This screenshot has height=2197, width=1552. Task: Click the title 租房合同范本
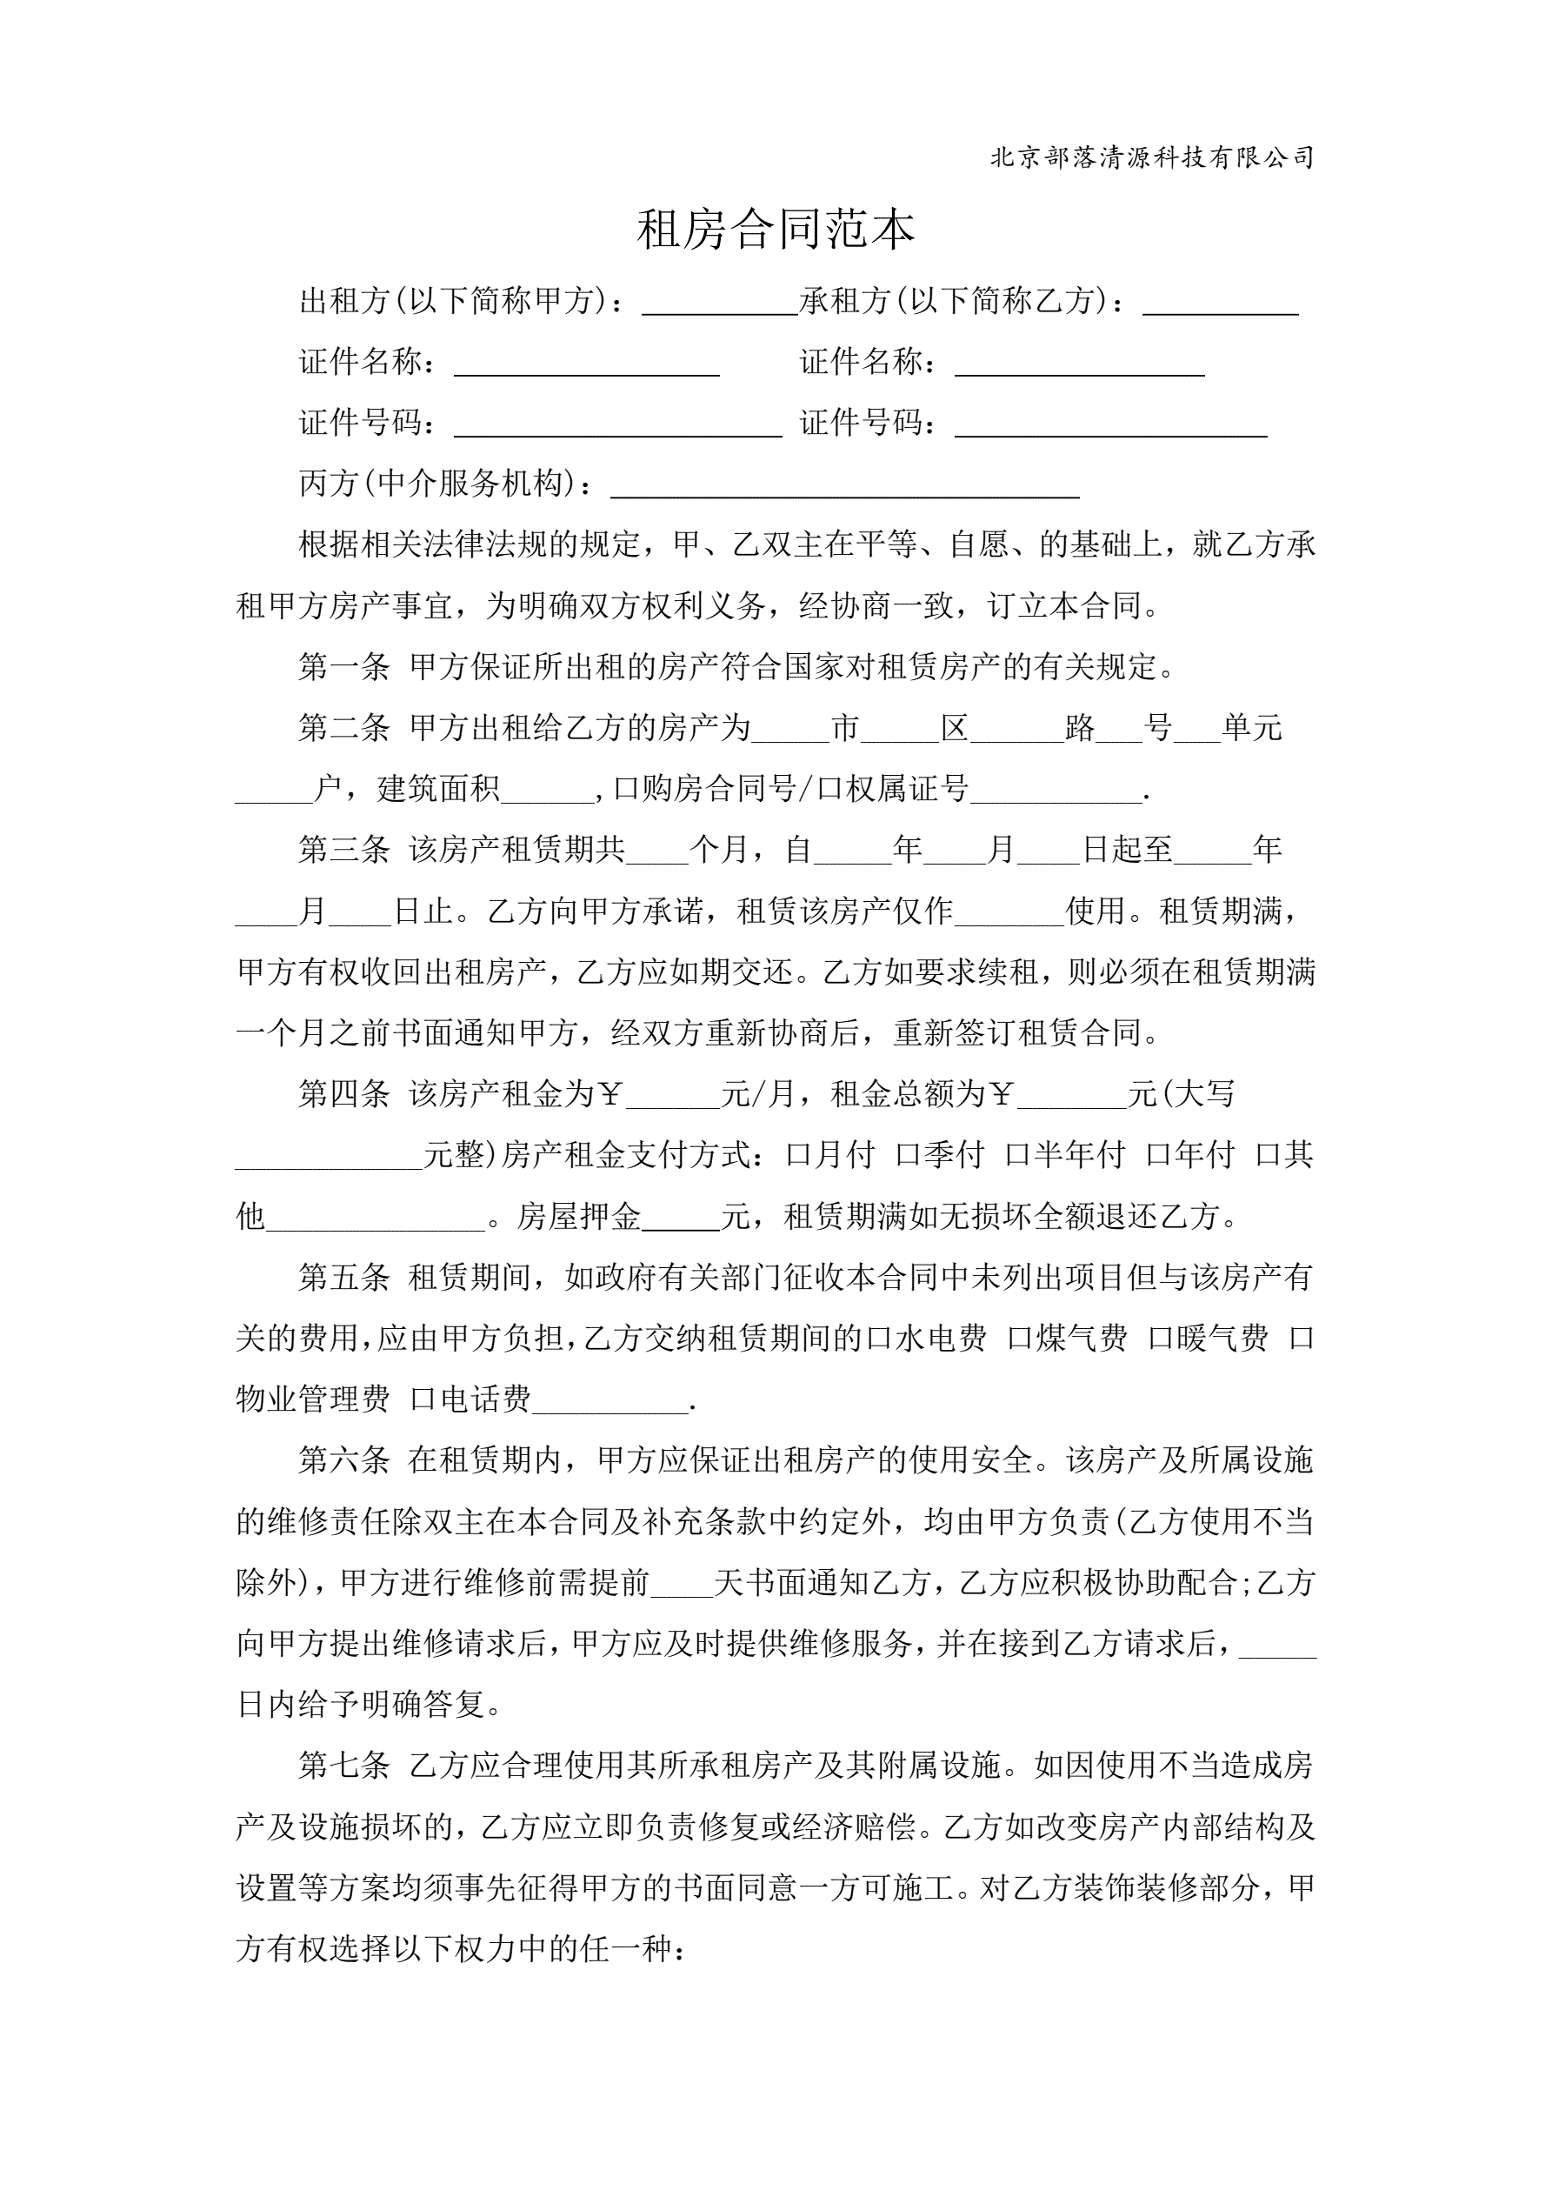[775, 230]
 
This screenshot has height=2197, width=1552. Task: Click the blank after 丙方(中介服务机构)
[844, 487]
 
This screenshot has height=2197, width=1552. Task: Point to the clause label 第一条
[343, 667]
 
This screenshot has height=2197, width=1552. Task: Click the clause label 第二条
[343, 728]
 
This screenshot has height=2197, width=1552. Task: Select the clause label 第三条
[343, 850]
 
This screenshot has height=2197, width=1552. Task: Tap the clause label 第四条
[343, 1093]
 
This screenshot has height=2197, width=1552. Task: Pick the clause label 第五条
[343, 1278]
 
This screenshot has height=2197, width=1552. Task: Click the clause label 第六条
[343, 1460]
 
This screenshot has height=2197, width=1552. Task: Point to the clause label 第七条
[343, 1766]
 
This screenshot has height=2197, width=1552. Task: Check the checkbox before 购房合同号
[626, 790]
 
